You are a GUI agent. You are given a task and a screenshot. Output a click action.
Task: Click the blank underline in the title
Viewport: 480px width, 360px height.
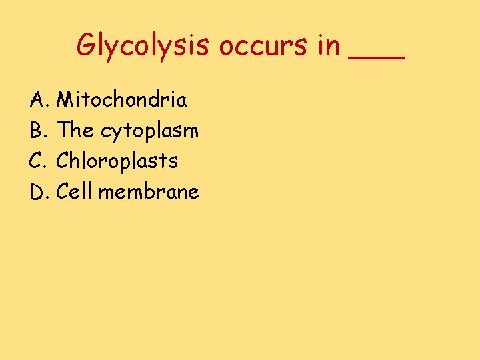click(x=376, y=59)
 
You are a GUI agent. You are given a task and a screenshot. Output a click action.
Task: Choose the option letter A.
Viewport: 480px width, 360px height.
click(x=37, y=100)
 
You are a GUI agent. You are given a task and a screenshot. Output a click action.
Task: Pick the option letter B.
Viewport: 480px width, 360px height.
click(x=37, y=131)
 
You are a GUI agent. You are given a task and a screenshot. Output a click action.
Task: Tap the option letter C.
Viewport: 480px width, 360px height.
click(x=37, y=161)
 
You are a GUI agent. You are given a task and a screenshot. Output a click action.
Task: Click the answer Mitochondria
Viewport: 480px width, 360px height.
click(x=122, y=100)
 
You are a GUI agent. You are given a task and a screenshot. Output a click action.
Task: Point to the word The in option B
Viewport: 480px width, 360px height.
click(x=75, y=131)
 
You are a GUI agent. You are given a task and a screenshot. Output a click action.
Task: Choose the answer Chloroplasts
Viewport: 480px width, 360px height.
click(x=117, y=162)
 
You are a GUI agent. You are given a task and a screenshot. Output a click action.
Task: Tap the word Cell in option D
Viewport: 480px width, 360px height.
click(x=75, y=192)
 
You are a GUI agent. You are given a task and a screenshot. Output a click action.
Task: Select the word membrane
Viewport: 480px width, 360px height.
click(x=149, y=192)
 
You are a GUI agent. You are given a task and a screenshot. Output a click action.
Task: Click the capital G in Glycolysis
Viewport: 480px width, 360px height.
click(x=87, y=45)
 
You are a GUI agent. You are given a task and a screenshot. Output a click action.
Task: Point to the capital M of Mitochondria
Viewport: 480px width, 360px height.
click(x=65, y=100)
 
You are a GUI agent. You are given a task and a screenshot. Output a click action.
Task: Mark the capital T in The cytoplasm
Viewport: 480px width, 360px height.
click(x=64, y=131)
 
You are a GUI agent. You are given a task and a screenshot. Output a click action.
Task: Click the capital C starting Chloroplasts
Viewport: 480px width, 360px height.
click(x=63, y=161)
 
